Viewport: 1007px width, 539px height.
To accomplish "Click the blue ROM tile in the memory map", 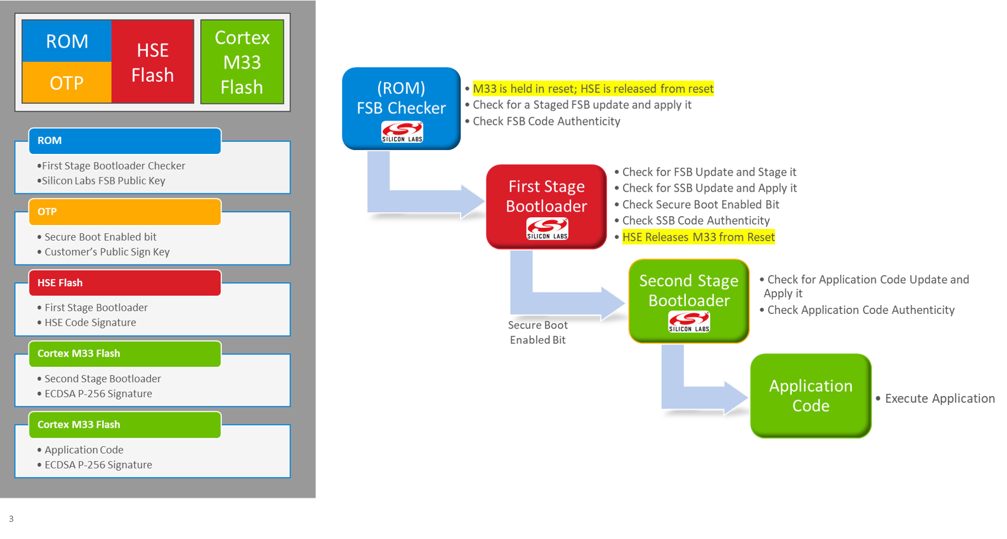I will click(67, 41).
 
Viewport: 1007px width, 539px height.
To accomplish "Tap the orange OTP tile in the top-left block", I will click(67, 83).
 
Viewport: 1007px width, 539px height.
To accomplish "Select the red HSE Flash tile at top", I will click(153, 62).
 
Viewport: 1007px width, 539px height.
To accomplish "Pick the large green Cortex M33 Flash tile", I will click(242, 62).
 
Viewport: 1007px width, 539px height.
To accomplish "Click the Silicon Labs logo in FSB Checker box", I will click(402, 132).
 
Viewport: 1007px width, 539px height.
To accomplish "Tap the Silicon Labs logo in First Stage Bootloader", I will click(547, 228).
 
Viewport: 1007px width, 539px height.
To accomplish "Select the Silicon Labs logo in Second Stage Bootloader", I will click(689, 322).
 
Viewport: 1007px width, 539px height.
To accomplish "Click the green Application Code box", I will click(810, 396).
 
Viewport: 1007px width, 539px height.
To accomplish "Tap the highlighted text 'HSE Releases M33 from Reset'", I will click(698, 237).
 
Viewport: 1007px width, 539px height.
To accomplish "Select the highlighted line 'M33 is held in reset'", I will click(592, 89).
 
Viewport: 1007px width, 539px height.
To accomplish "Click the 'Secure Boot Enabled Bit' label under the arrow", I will click(537, 332).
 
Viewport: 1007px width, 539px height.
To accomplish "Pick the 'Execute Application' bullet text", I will click(939, 398).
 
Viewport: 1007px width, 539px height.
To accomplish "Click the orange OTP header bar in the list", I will click(124, 212).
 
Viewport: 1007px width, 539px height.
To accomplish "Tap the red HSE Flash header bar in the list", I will click(124, 283).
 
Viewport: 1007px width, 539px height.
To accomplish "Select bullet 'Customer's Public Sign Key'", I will click(107, 252).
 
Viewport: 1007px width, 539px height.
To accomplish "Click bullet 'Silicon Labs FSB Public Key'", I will click(103, 181).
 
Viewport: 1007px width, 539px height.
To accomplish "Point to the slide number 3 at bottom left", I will click(11, 519).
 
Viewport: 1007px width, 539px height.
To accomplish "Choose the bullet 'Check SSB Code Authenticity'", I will click(696, 221).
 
